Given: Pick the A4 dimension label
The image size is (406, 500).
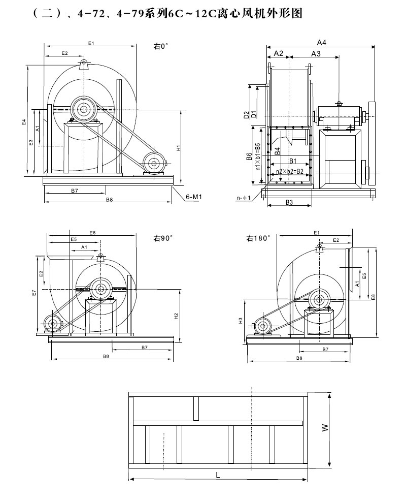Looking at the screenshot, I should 321,42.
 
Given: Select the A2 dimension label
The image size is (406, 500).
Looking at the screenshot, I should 278,53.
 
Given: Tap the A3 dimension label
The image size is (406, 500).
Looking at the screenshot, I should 315,53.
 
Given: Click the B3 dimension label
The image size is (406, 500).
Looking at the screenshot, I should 289,202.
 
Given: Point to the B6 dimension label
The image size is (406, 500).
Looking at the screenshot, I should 250,157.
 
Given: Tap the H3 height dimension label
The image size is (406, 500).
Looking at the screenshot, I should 241,321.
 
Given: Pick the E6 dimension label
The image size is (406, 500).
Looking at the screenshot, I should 92,232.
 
